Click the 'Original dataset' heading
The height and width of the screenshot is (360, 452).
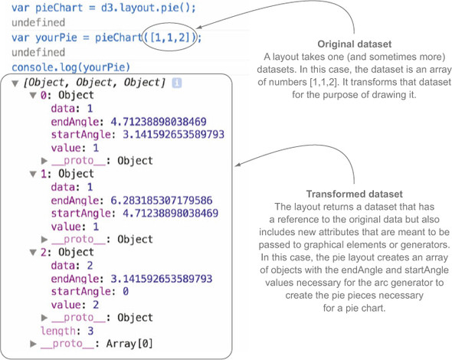click(x=354, y=44)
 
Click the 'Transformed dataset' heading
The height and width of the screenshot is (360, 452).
click(x=354, y=194)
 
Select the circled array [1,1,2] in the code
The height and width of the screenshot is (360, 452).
click(x=170, y=38)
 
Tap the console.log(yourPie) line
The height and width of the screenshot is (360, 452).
click(x=71, y=67)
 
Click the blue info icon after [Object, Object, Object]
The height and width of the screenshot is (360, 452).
click(x=177, y=83)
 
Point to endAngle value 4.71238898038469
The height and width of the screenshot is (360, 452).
click(x=159, y=122)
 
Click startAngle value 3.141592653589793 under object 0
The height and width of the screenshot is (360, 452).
click(x=174, y=134)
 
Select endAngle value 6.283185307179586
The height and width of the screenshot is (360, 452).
click(x=162, y=201)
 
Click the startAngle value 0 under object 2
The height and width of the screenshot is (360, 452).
click(x=126, y=291)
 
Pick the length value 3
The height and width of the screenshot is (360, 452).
click(x=90, y=331)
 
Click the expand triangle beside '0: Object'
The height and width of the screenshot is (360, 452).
click(x=33, y=96)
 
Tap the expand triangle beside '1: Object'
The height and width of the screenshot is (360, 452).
click(x=33, y=174)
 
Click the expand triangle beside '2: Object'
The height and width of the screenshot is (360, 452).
click(x=33, y=253)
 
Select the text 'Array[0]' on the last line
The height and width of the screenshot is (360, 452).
click(x=129, y=344)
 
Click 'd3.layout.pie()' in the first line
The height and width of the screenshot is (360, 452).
click(x=148, y=8)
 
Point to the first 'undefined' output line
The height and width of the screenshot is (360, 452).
click(x=38, y=22)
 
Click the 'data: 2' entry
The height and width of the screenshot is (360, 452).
click(x=72, y=266)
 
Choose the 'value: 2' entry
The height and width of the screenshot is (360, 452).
click(x=75, y=305)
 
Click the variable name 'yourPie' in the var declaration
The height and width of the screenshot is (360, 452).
click(x=56, y=38)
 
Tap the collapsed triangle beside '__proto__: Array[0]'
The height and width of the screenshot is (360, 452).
click(x=33, y=344)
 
